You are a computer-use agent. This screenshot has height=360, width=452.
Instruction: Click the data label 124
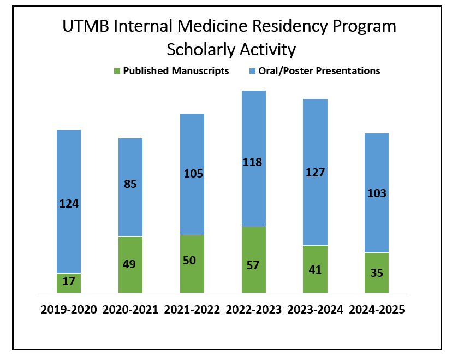[69, 204]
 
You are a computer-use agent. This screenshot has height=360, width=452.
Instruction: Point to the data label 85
[130, 184]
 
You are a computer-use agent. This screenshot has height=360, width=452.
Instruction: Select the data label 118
[253, 162]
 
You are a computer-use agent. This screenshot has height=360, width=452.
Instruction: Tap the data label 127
[315, 173]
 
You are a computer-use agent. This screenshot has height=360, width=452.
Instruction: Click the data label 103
[377, 193]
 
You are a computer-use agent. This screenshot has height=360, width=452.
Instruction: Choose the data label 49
[130, 264]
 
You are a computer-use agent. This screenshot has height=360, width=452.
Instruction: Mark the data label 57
[253, 265]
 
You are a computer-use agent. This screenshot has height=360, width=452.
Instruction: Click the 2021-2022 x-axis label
[192, 310]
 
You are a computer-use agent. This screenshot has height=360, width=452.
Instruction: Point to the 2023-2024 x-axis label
[315, 310]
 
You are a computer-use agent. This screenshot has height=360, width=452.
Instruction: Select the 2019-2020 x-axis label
[69, 310]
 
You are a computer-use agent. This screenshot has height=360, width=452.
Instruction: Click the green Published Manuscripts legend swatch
[116, 71]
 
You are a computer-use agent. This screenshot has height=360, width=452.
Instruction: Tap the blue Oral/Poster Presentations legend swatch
[252, 71]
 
